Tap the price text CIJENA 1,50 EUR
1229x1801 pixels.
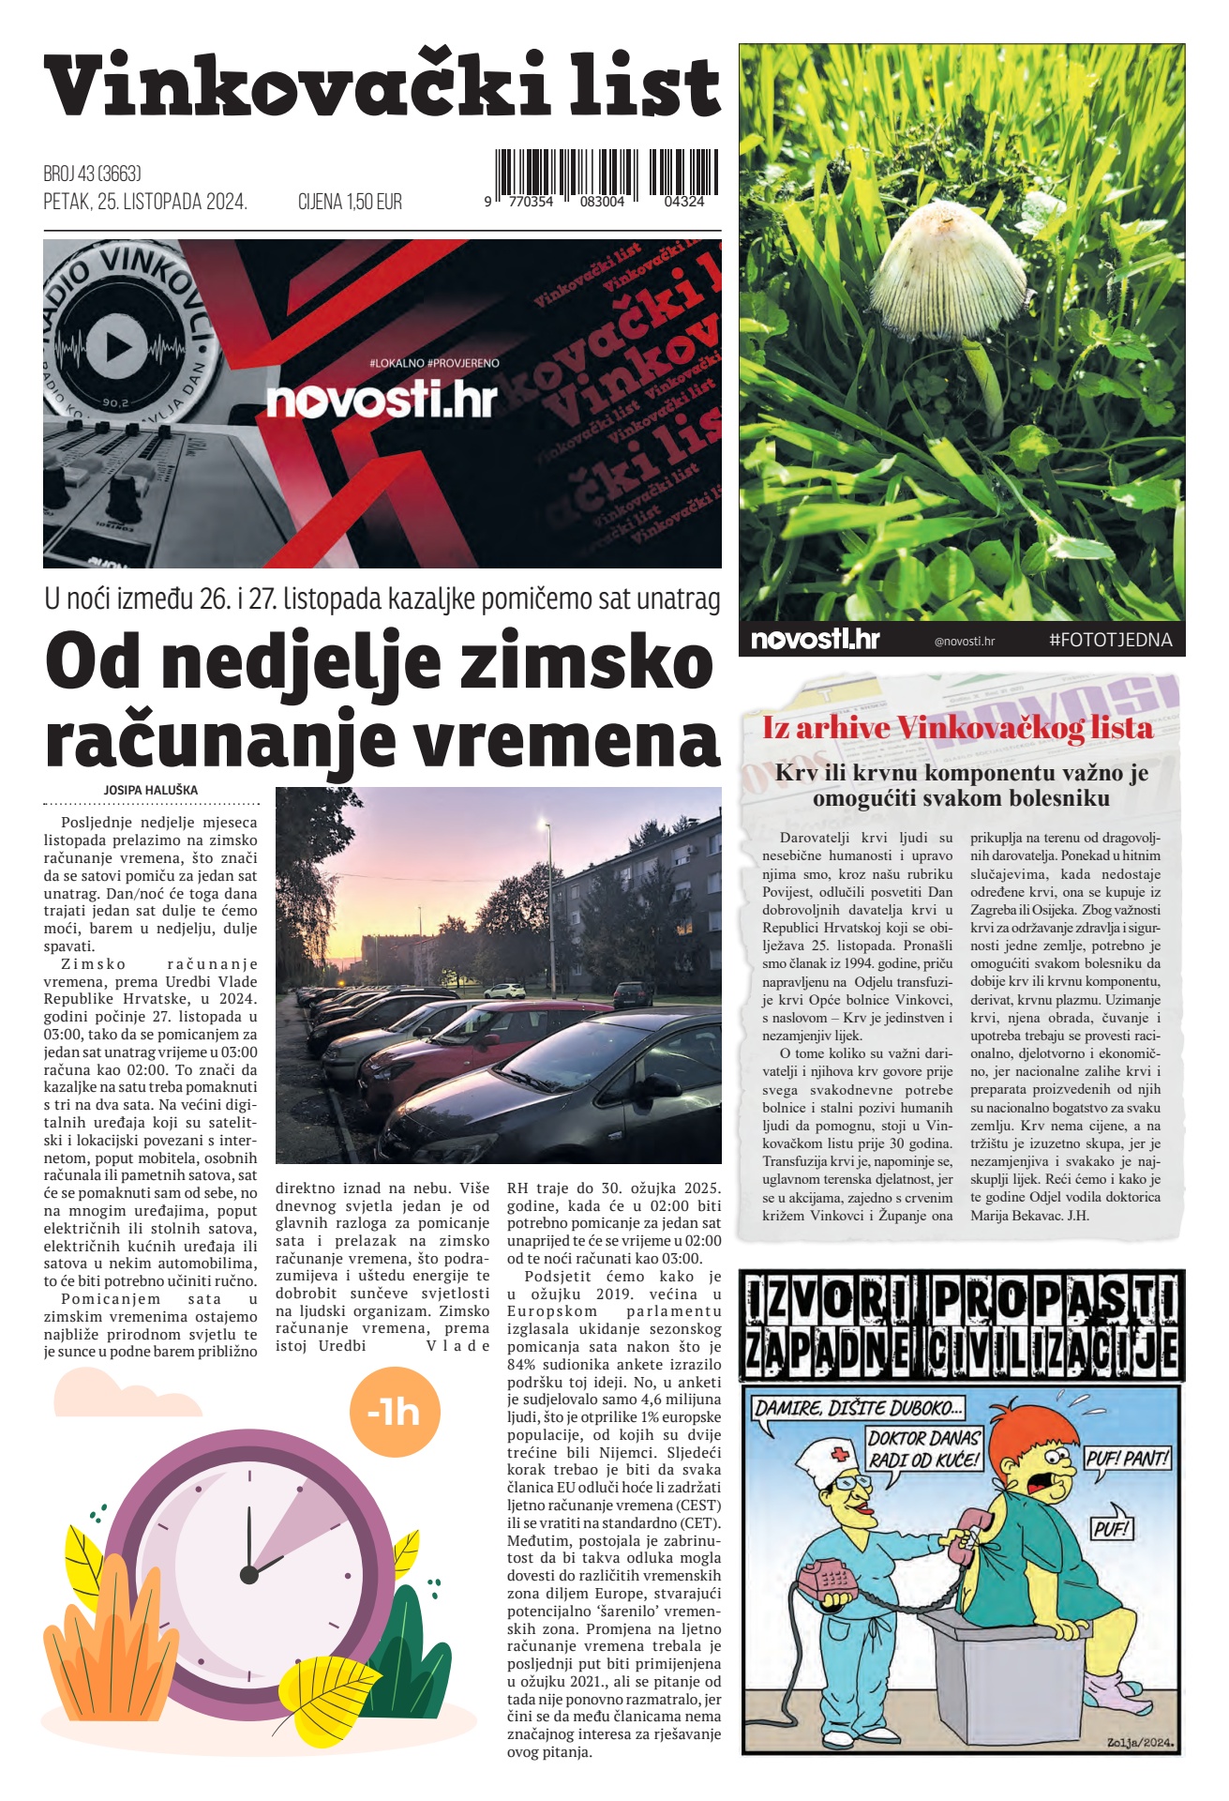tap(350, 202)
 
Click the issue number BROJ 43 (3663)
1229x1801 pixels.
tap(92, 174)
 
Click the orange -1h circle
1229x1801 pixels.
tap(394, 1412)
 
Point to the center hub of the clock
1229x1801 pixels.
tap(249, 1574)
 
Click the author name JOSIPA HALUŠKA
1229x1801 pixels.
tap(151, 790)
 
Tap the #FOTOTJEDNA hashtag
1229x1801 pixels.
tap(1110, 640)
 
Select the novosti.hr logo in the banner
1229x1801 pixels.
tap(382, 401)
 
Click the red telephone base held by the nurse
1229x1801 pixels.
tap(831, 1579)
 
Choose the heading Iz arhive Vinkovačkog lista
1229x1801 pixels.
tap(957, 728)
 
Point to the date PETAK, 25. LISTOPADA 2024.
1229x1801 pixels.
tap(145, 202)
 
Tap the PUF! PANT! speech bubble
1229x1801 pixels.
tap(1127, 1459)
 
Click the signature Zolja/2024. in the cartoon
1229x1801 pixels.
tap(1138, 1743)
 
